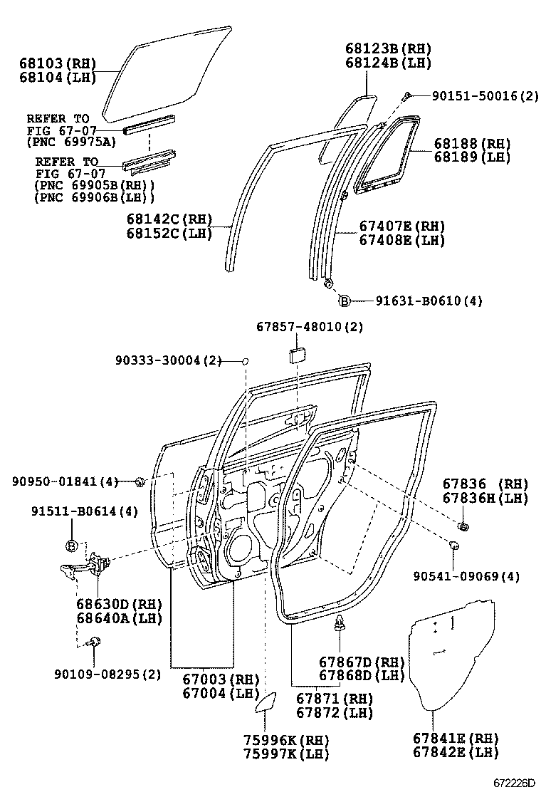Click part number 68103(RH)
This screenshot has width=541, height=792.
click(57, 64)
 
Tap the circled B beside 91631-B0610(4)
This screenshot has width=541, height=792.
click(344, 301)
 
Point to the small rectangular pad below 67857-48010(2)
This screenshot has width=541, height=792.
click(297, 355)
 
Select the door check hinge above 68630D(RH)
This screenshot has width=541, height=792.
click(84, 569)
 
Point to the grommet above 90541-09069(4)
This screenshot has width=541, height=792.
click(453, 546)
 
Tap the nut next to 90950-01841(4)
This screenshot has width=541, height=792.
click(140, 483)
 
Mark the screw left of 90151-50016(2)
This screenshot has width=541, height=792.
click(407, 96)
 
